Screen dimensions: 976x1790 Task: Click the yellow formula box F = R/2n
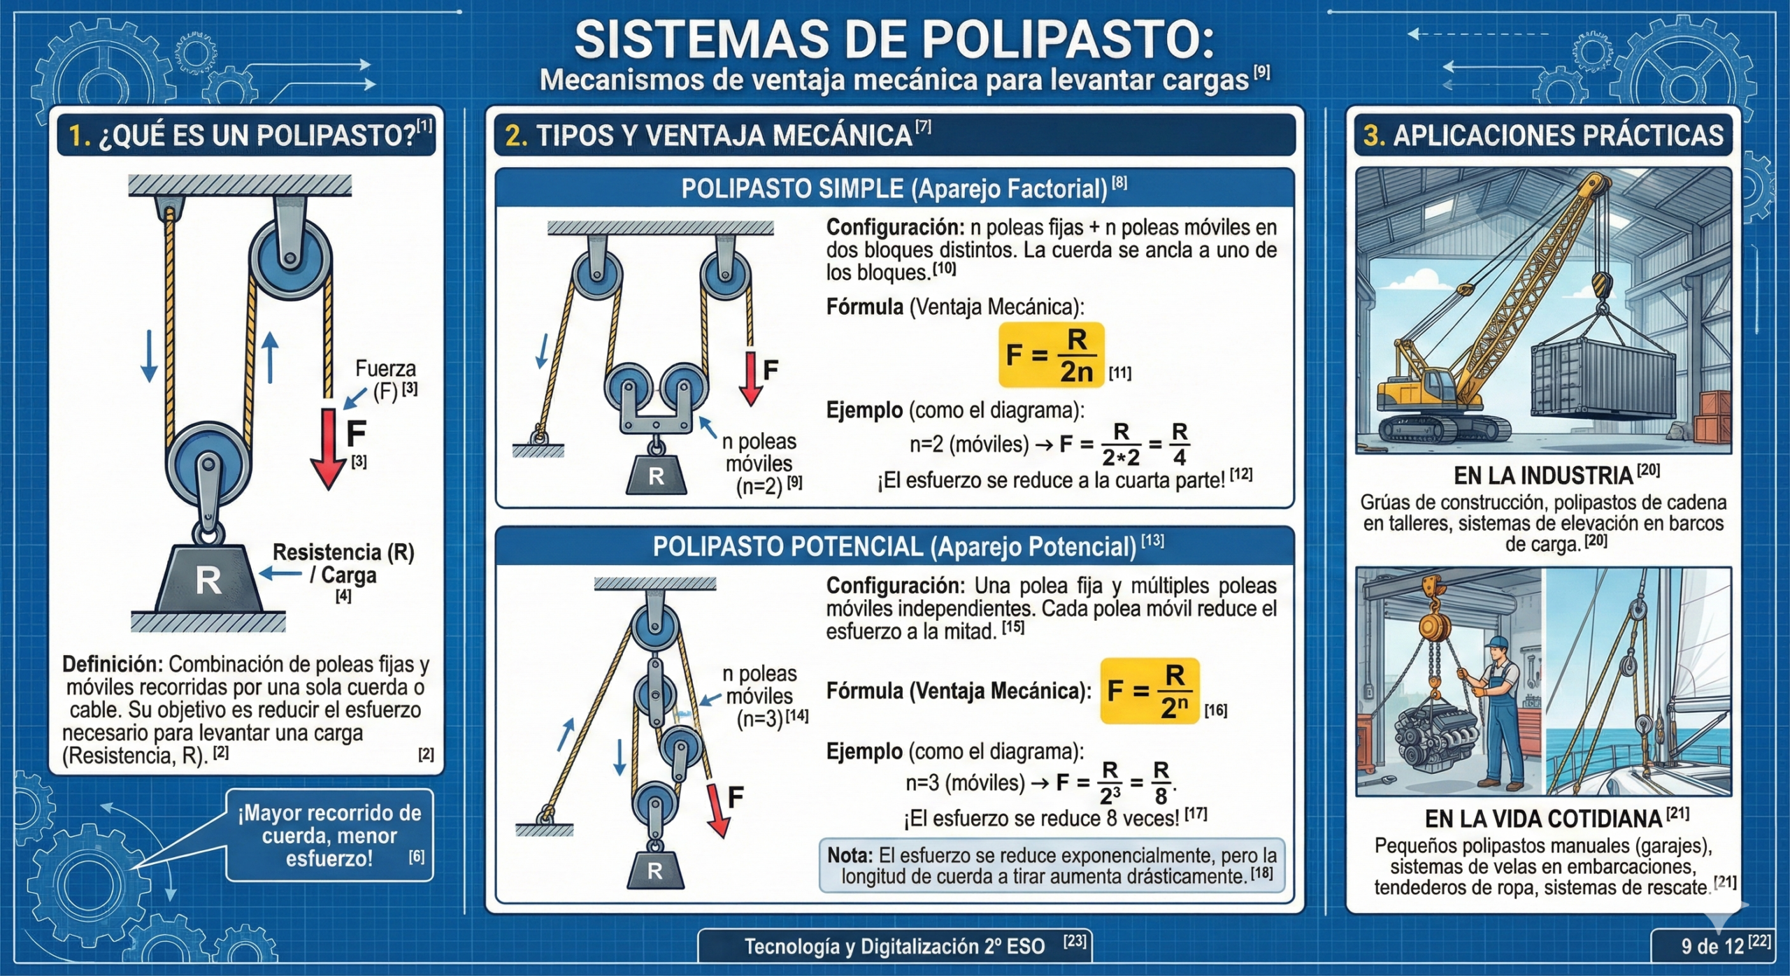(1051, 354)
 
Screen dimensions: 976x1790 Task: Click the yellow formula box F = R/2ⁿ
(1149, 690)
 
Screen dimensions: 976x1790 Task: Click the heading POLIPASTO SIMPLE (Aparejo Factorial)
(894, 189)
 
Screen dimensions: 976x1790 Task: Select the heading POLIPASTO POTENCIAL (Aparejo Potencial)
(894, 547)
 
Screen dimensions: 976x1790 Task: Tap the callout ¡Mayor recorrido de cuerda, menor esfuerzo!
(329, 835)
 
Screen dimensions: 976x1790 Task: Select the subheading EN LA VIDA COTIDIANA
(1544, 818)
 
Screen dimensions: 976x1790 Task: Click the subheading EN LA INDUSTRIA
(1543, 475)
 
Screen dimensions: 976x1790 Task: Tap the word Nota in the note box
(850, 855)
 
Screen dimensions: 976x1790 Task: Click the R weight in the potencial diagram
(654, 870)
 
